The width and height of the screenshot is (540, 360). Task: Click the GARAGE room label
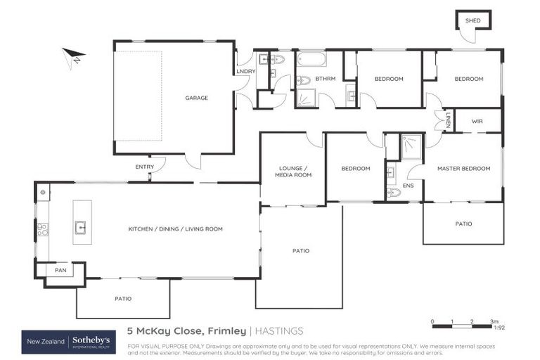pyautogui.click(x=197, y=98)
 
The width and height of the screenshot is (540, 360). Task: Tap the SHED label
pyautogui.click(x=473, y=21)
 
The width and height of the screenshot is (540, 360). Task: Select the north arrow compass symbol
pyautogui.click(x=72, y=57)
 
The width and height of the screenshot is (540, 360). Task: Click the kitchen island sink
pyautogui.click(x=80, y=227)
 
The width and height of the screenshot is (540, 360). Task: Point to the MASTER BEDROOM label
pyautogui.click(x=463, y=169)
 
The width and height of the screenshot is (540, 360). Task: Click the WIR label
pyautogui.click(x=477, y=121)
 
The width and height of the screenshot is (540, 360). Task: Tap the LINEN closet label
pyautogui.click(x=448, y=120)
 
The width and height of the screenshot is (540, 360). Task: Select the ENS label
pyautogui.click(x=408, y=186)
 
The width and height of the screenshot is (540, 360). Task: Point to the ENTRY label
pyautogui.click(x=144, y=167)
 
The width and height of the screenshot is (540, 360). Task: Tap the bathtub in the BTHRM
pyautogui.click(x=311, y=60)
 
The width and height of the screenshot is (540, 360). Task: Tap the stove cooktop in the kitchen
pyautogui.click(x=41, y=228)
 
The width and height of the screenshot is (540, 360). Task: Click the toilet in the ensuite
pyautogui.click(x=393, y=192)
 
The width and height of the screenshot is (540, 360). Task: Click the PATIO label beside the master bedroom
pyautogui.click(x=463, y=224)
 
